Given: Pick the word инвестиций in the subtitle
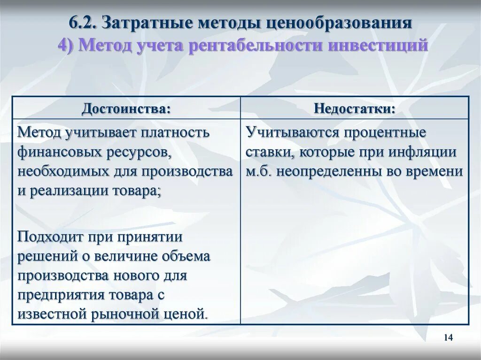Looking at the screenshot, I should coord(378,46).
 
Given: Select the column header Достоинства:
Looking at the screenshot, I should coord(125,108).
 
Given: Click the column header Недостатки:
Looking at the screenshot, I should coord(354,108).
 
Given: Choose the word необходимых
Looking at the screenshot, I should coord(57,172).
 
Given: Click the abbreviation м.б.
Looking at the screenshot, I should coord(259,172).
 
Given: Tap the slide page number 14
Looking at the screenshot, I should coord(448,337).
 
